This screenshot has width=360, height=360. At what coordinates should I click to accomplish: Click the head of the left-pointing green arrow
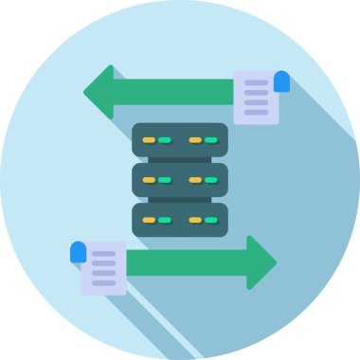pyautogui.click(x=99, y=92)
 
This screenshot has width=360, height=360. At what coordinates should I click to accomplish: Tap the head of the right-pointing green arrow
pyautogui.click(x=260, y=262)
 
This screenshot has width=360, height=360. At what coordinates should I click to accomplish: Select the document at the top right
pyautogui.click(x=256, y=98)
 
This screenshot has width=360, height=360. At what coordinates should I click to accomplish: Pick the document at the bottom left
pyautogui.click(x=103, y=268)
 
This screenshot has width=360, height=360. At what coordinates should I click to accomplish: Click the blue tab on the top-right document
pyautogui.click(x=281, y=81)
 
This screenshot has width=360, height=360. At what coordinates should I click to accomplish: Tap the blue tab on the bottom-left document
pyautogui.click(x=78, y=252)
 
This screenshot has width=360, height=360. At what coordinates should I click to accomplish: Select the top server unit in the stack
pyautogui.click(x=180, y=139)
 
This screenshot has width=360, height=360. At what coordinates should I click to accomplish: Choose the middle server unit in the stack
pyautogui.click(x=180, y=179)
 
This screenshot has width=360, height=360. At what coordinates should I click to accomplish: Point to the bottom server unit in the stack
pyautogui.click(x=180, y=219)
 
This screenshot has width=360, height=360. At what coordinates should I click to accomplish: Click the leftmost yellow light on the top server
pyautogui.click(x=149, y=140)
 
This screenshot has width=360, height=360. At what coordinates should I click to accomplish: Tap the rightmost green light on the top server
pyautogui.click(x=211, y=140)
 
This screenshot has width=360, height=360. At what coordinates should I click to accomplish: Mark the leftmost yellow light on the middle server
pyautogui.click(x=149, y=180)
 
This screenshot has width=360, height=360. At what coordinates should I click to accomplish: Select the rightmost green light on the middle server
pyautogui.click(x=211, y=180)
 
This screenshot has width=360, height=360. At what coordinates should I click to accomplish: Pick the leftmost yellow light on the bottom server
pyautogui.click(x=149, y=220)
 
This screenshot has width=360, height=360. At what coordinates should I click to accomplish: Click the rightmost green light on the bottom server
pyautogui.click(x=211, y=220)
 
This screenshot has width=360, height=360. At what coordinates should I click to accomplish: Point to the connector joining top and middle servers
pyautogui.click(x=180, y=159)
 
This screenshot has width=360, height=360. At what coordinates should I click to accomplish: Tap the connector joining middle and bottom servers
pyautogui.click(x=180, y=199)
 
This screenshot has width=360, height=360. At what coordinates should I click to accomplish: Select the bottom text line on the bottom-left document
pyautogui.click(x=103, y=282)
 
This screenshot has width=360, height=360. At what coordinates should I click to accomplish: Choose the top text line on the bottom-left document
pyautogui.click(x=103, y=254)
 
